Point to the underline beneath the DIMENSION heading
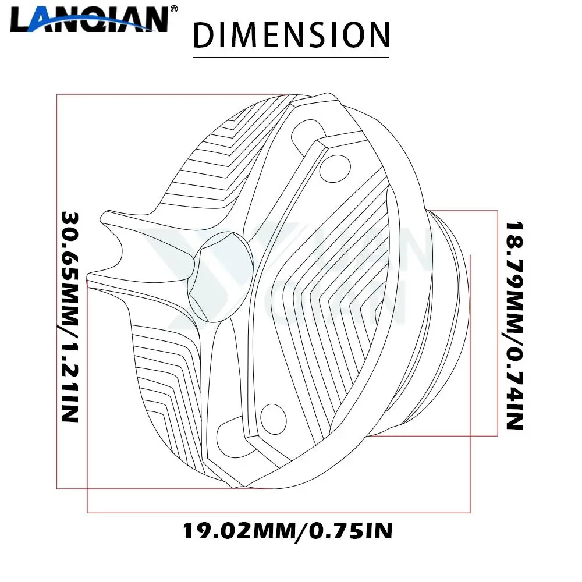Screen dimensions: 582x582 290,57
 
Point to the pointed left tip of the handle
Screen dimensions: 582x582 88,278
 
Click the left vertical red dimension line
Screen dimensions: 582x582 56,291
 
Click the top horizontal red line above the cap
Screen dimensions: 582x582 175,94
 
